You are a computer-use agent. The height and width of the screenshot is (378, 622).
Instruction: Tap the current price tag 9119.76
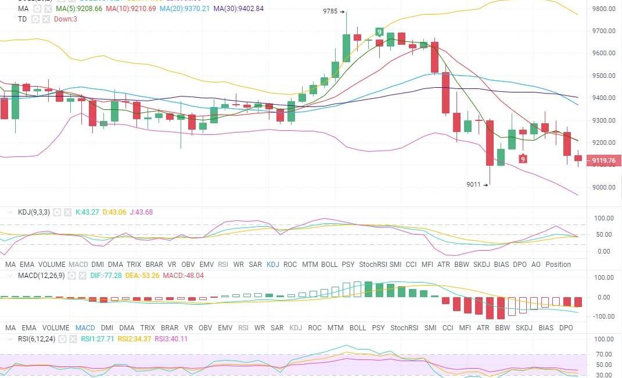(x=604, y=161)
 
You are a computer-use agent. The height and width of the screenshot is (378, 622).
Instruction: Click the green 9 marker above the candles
(x=379, y=33)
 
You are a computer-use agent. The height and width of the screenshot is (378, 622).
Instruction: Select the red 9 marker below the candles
(x=523, y=159)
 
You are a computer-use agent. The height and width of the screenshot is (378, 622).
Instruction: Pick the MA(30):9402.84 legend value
(x=238, y=9)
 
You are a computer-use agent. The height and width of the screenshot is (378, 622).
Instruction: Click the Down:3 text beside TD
(x=66, y=19)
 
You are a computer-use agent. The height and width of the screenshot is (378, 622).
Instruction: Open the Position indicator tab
(x=558, y=264)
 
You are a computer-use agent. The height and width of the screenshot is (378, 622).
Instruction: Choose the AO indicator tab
(x=535, y=264)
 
